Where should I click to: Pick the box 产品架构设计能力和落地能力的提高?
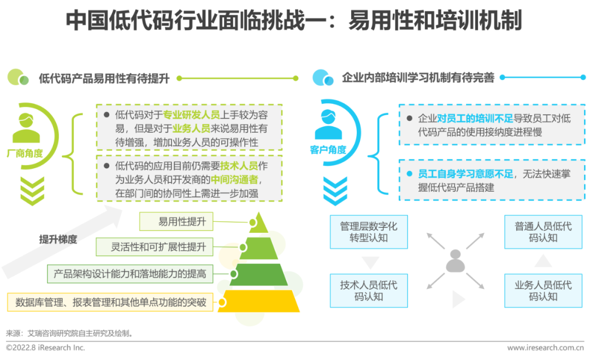(x=130, y=274)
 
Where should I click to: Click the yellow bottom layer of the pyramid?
(x=260, y=301)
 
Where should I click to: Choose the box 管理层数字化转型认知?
(x=369, y=232)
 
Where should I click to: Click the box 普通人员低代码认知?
(x=543, y=232)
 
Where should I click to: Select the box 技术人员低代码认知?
(x=369, y=291)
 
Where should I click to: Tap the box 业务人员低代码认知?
(x=543, y=291)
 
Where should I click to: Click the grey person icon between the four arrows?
(x=455, y=262)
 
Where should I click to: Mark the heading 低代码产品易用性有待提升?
(x=104, y=79)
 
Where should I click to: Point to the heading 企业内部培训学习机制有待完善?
(x=418, y=79)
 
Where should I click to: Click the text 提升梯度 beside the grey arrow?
(x=58, y=239)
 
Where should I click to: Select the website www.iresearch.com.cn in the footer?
(x=545, y=347)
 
